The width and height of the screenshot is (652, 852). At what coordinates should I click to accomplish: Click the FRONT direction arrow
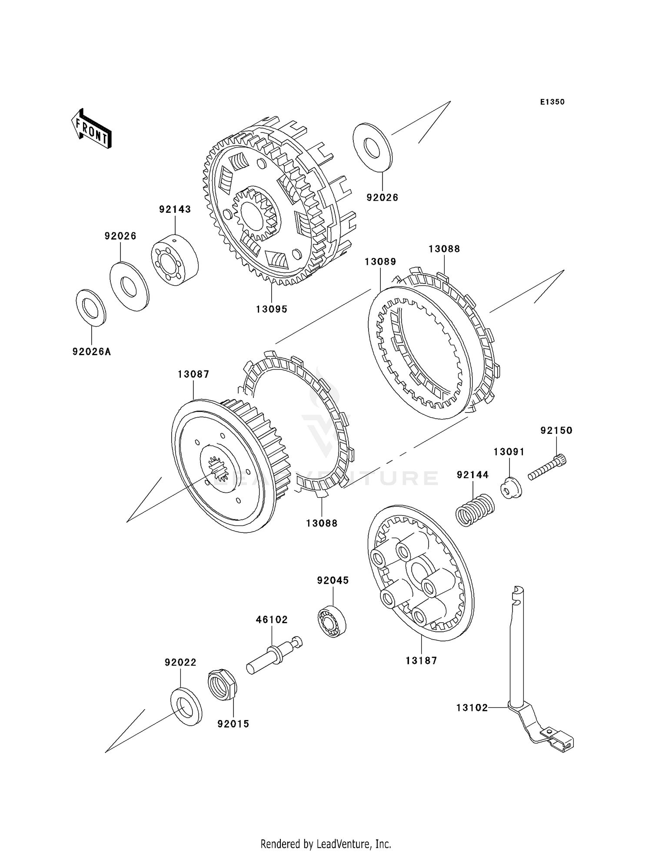tap(91, 129)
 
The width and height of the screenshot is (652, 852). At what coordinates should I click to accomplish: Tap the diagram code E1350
tap(552, 102)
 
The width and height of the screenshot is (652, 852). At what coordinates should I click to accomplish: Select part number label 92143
tap(175, 209)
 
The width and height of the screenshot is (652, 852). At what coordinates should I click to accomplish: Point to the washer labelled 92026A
tap(91, 307)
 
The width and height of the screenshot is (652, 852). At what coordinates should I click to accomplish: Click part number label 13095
tap(272, 309)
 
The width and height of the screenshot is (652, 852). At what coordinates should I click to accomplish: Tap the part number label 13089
tap(380, 262)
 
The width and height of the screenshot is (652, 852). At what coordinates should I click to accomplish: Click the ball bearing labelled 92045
tap(333, 622)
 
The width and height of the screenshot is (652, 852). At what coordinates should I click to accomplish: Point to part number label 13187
tap(421, 660)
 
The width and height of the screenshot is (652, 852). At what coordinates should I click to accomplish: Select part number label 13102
tap(472, 708)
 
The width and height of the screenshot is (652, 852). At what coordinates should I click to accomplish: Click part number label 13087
tap(193, 374)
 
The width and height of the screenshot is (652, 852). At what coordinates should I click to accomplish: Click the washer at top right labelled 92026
tap(373, 146)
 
